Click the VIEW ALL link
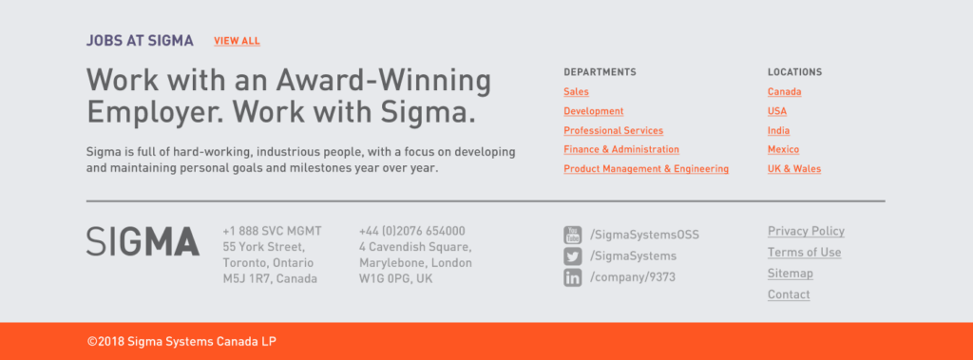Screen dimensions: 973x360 click(x=237, y=41)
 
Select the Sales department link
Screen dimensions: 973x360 click(x=576, y=92)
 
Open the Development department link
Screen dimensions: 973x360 click(x=593, y=111)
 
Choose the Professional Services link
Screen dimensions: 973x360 click(x=613, y=130)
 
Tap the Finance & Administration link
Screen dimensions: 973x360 click(x=621, y=149)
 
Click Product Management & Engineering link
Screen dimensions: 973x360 click(x=646, y=169)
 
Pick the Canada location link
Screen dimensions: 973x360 click(x=784, y=92)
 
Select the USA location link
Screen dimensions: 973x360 click(x=777, y=111)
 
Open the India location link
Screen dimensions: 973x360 click(x=779, y=130)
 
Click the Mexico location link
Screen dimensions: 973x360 click(x=783, y=149)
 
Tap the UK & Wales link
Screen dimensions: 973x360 click(x=794, y=169)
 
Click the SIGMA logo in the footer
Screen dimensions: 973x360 click(x=143, y=241)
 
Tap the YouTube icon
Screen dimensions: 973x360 click(x=572, y=236)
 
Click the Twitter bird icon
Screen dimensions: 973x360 click(x=572, y=256)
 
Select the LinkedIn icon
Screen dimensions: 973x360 click(x=572, y=277)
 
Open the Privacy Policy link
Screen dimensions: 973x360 click(x=806, y=232)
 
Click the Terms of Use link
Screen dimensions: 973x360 click(x=804, y=253)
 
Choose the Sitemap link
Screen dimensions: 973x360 click(x=790, y=274)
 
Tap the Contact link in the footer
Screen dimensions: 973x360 click(x=789, y=294)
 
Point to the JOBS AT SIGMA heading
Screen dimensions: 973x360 click(x=140, y=41)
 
